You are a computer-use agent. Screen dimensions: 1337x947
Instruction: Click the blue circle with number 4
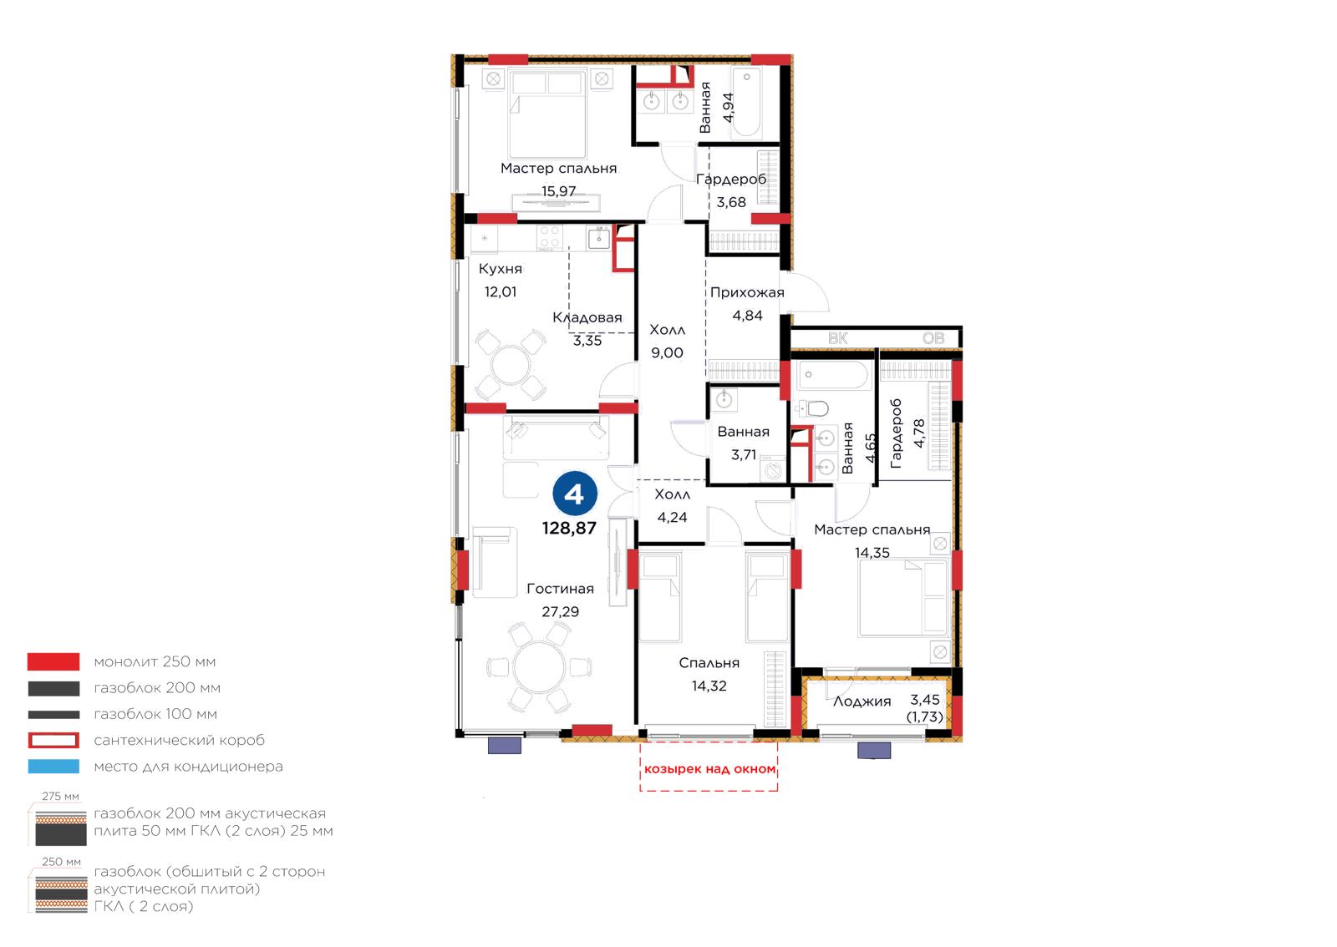(x=575, y=494)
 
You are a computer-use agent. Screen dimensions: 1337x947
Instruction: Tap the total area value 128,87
(x=569, y=529)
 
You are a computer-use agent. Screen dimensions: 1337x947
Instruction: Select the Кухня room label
(x=501, y=269)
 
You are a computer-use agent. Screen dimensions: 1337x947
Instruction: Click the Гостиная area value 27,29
(x=560, y=612)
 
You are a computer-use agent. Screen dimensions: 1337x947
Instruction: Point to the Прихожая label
(x=747, y=293)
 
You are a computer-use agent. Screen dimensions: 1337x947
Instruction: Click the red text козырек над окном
(x=709, y=769)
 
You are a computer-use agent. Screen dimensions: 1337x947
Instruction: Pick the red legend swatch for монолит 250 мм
(x=53, y=661)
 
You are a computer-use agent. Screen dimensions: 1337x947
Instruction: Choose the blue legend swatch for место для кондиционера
(x=53, y=767)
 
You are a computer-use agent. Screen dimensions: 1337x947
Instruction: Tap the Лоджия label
(x=862, y=702)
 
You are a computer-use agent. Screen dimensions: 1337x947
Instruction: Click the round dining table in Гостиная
(x=539, y=666)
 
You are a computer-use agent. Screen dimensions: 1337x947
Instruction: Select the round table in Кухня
(x=510, y=365)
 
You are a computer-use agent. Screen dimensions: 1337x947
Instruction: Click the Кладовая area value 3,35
(x=587, y=341)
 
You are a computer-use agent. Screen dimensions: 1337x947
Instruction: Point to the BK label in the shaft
(x=838, y=339)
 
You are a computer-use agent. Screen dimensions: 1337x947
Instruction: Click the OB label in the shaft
(x=933, y=339)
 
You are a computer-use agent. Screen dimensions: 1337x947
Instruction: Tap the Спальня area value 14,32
(x=709, y=686)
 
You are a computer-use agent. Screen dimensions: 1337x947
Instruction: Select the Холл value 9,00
(x=667, y=353)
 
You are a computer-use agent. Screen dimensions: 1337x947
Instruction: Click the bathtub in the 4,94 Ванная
(x=747, y=102)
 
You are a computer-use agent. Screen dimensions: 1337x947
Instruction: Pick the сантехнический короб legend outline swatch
(x=53, y=740)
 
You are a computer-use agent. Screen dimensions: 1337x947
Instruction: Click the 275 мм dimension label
(x=60, y=797)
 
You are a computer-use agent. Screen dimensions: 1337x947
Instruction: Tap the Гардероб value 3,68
(x=731, y=203)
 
